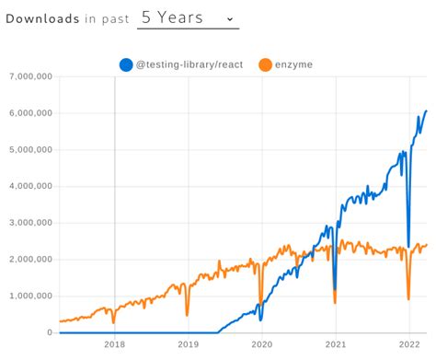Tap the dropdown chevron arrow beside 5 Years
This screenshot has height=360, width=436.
(229, 18)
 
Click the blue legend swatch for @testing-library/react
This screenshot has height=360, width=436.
(126, 64)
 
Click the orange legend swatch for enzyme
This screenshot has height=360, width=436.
(265, 64)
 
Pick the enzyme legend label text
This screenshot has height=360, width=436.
(296, 64)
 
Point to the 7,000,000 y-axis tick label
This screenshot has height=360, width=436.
(29, 77)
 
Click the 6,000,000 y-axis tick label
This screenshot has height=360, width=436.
(29, 113)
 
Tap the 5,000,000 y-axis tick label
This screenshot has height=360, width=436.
(29, 150)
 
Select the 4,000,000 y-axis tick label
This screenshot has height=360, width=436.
(29, 186)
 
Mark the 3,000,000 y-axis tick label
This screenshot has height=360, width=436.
(29, 223)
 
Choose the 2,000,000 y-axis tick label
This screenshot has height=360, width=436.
(29, 260)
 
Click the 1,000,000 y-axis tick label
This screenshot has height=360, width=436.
(29, 296)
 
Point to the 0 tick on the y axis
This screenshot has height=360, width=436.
(51, 332)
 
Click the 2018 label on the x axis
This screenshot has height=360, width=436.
(114, 345)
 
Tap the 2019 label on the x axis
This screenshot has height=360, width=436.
(188, 345)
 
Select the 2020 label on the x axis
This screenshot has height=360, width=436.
(262, 345)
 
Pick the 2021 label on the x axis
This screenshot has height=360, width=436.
(336, 345)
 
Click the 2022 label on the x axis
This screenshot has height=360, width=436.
(409, 345)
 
